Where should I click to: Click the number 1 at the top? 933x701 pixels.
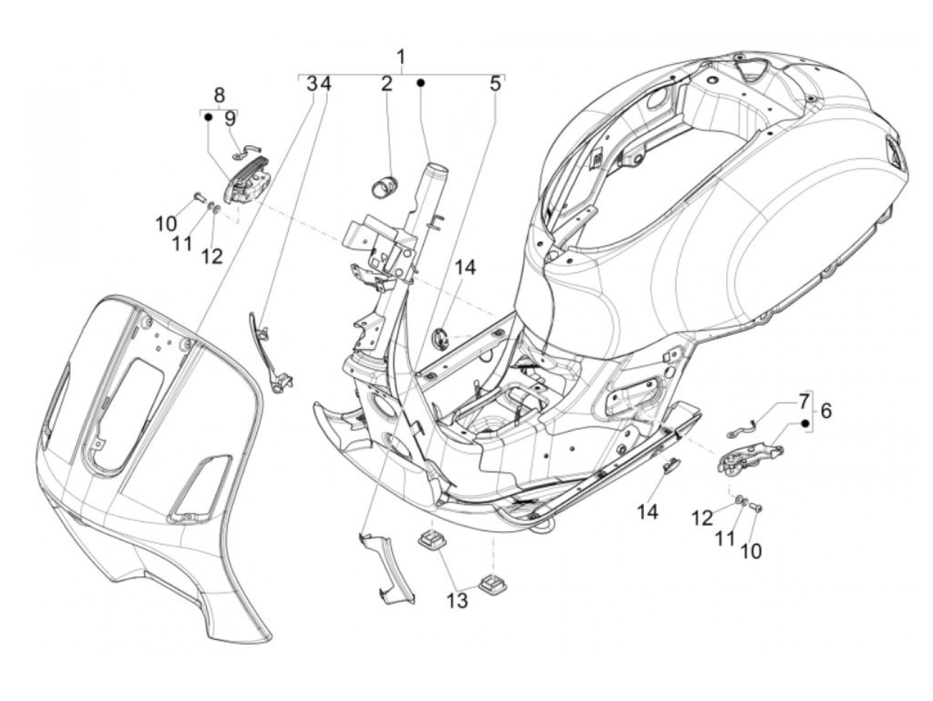[x=401, y=57]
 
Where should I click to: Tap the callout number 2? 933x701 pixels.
[x=387, y=84]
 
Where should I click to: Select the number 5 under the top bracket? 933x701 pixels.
[x=494, y=84]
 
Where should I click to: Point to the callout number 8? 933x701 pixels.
[x=219, y=94]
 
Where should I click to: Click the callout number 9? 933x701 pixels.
[x=230, y=119]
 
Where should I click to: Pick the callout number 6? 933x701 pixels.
[x=826, y=411]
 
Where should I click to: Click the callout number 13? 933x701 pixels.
[x=457, y=600]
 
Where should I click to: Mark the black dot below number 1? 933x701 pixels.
[x=421, y=83]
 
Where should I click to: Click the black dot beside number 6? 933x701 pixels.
[x=805, y=423]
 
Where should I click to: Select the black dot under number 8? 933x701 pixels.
[x=208, y=117]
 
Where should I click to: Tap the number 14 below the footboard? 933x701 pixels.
[x=647, y=512]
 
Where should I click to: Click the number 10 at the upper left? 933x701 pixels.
[x=167, y=224]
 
